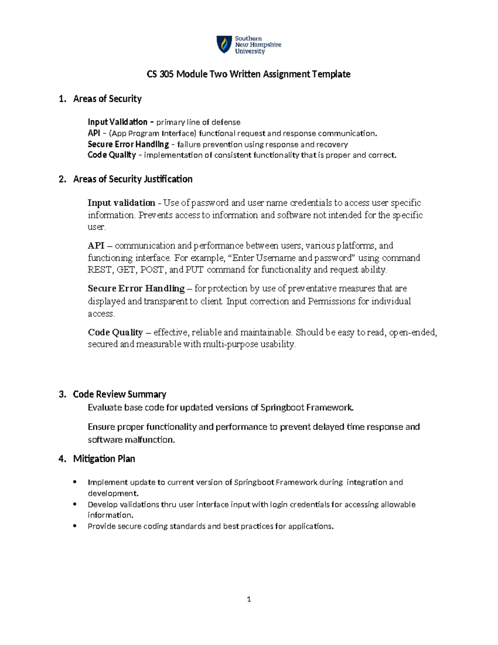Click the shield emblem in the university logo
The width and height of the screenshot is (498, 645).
224,44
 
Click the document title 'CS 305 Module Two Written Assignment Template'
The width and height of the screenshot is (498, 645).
249,74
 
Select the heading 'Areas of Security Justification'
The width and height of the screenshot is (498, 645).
132,179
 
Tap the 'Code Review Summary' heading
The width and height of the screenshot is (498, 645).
120,394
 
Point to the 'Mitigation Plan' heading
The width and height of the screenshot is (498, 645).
104,459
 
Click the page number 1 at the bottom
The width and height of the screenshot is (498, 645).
249,599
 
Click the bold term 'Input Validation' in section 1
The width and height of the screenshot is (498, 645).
117,122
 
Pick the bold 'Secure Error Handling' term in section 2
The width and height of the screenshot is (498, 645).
136,288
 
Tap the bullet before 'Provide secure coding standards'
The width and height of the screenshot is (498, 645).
75,526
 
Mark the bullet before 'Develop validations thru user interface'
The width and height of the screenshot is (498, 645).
75,504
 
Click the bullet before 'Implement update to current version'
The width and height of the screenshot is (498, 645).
75,482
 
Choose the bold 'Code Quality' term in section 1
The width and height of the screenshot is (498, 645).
112,155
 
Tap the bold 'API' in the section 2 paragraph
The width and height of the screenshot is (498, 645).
96,245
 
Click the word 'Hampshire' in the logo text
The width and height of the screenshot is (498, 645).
264,45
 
